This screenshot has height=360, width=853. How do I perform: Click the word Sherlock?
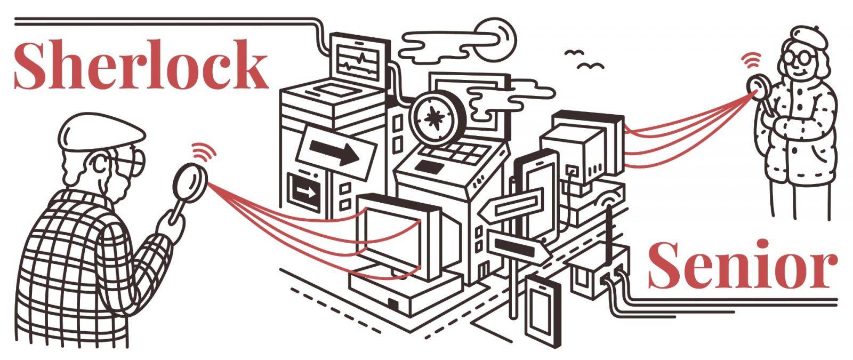click(141, 65)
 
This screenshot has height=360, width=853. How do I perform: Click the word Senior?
click(743, 265)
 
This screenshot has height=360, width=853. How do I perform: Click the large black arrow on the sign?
click(334, 151)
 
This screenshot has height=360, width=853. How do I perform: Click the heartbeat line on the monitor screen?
click(358, 61)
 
